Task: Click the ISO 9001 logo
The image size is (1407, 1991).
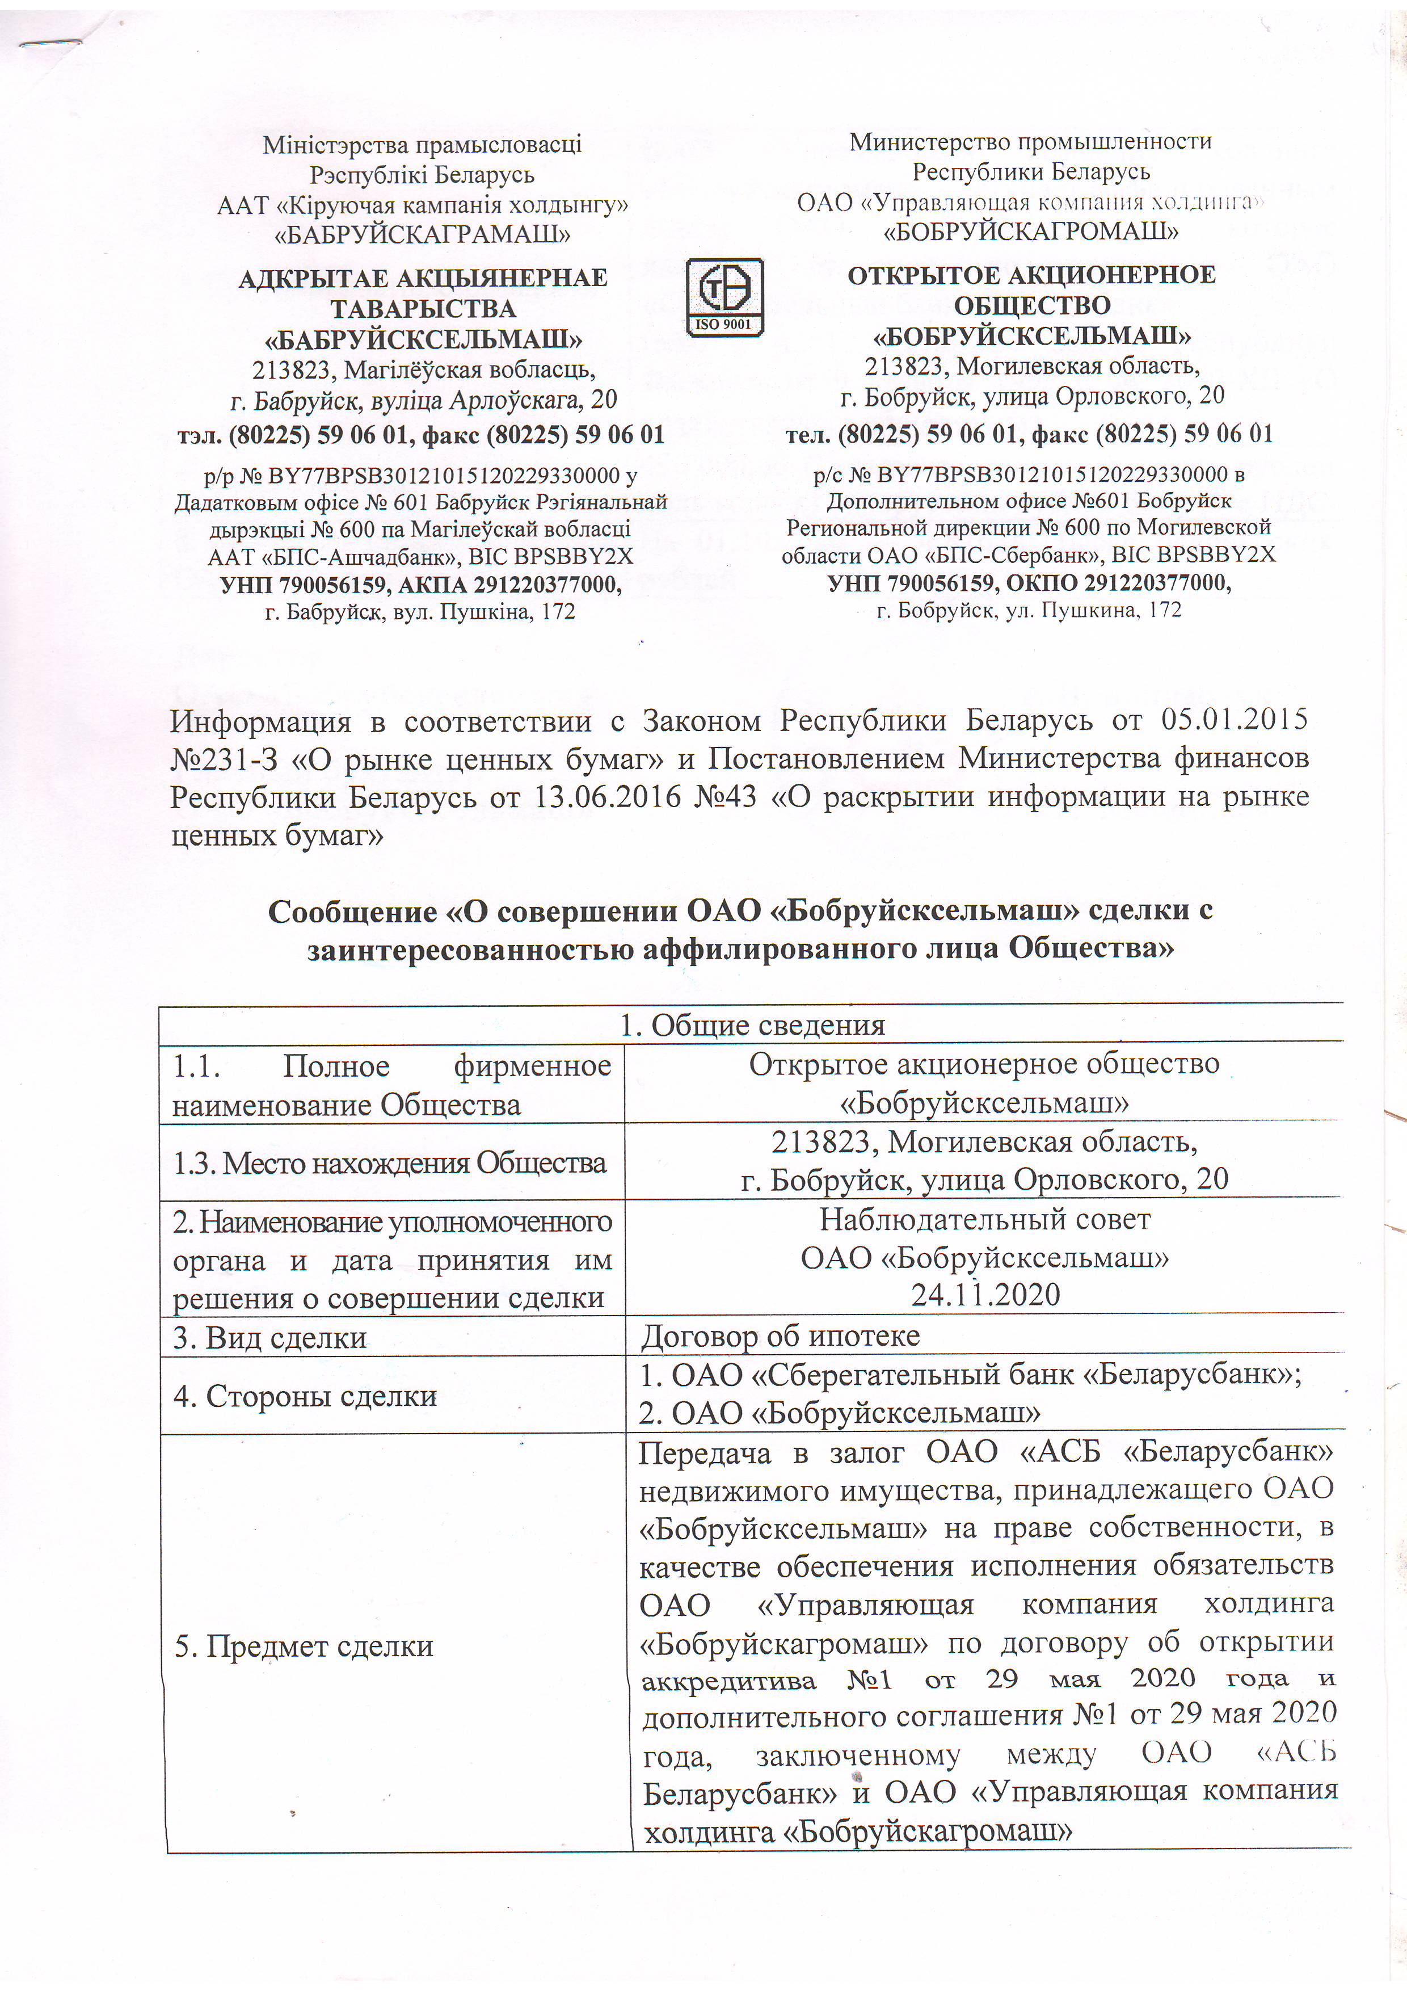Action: coord(724,297)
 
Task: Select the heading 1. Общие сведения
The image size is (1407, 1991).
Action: coord(751,1025)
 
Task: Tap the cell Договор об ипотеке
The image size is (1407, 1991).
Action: coord(780,1336)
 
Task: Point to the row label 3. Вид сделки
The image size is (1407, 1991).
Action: coord(269,1338)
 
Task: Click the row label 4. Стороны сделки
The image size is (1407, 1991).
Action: coord(304,1396)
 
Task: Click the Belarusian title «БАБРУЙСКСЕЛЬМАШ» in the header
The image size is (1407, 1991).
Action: coord(423,339)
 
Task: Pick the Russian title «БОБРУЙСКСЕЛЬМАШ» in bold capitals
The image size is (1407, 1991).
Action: coord(1031,335)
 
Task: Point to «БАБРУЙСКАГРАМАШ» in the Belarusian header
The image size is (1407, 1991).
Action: coord(422,234)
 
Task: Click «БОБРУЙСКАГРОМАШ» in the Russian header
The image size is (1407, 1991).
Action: coord(1031,232)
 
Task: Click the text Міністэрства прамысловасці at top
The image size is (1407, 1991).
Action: coord(422,144)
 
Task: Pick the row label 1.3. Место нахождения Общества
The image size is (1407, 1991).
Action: coord(389,1163)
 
